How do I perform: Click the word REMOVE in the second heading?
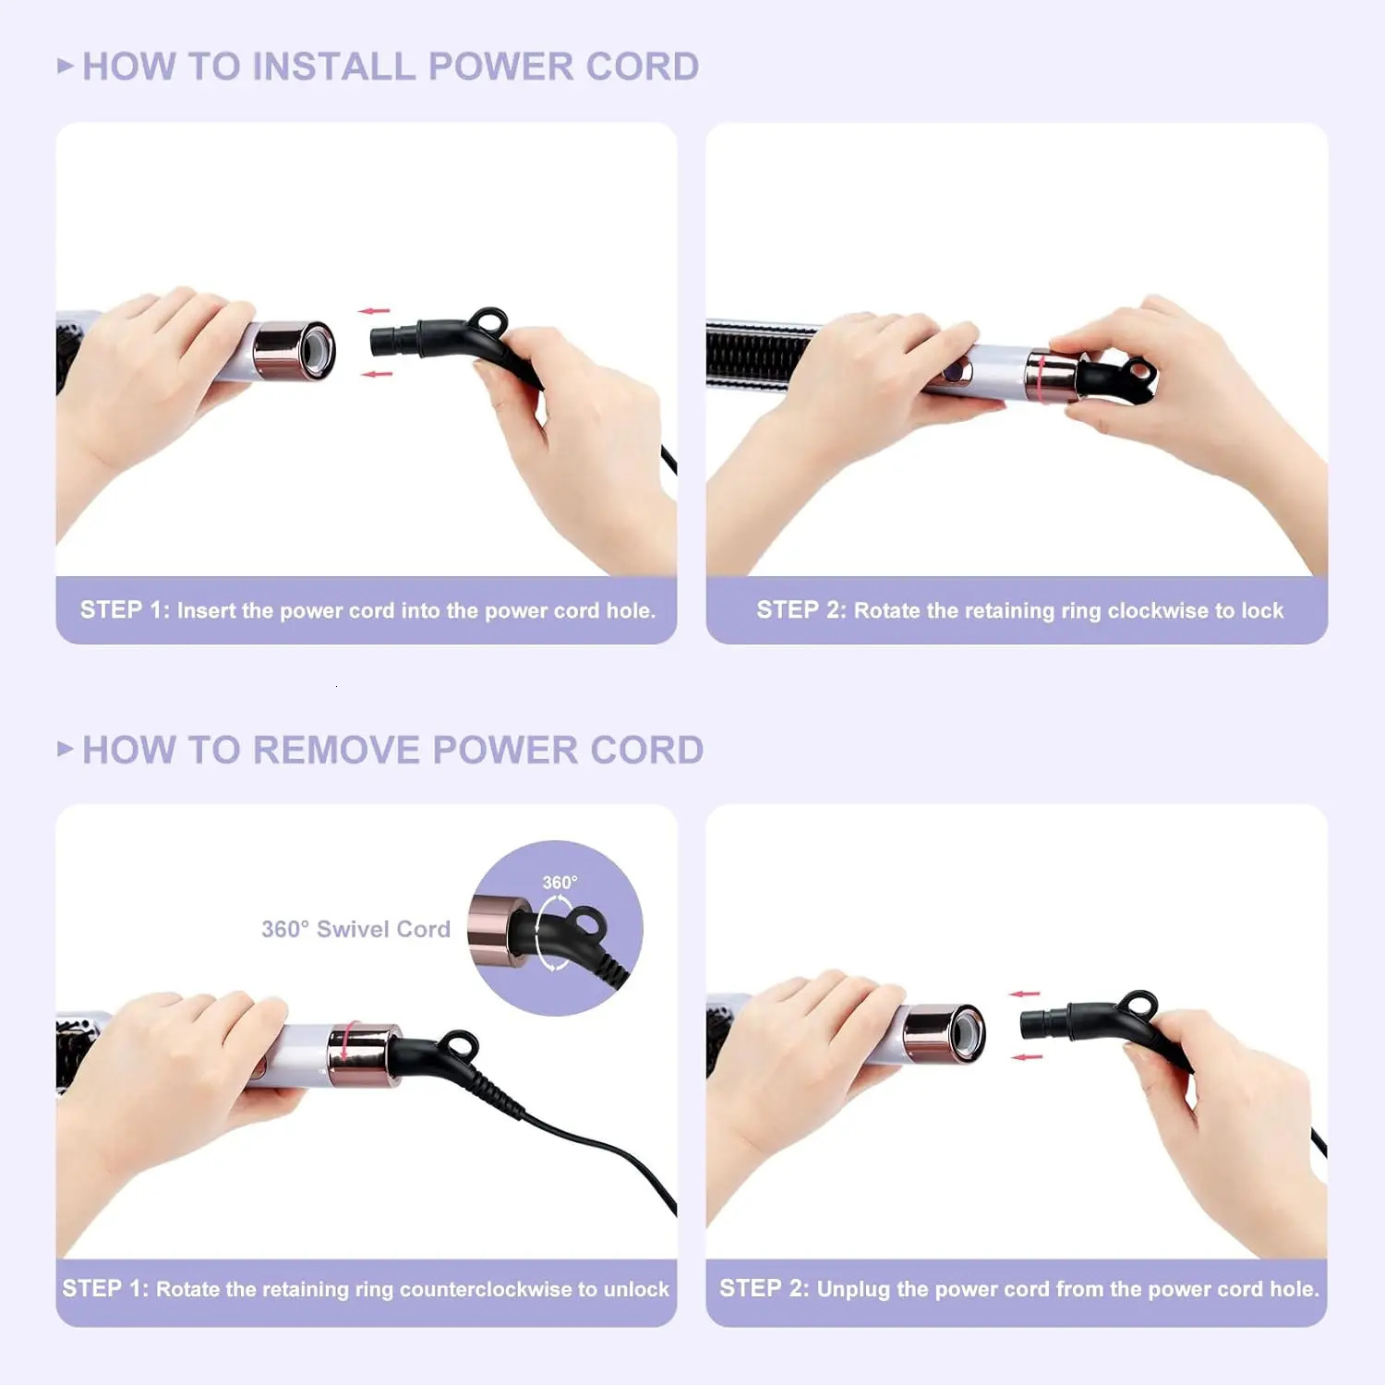coord(336,750)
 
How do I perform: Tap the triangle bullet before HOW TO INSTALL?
coord(65,66)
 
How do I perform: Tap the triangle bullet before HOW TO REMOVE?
coord(65,748)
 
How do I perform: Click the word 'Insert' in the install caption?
coord(207,610)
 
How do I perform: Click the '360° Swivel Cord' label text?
coord(355,929)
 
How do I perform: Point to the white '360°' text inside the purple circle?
coord(560,883)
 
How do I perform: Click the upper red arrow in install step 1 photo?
coord(374,311)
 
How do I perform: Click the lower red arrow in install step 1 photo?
coord(376,374)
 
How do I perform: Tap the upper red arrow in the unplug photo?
coord(1024,994)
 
